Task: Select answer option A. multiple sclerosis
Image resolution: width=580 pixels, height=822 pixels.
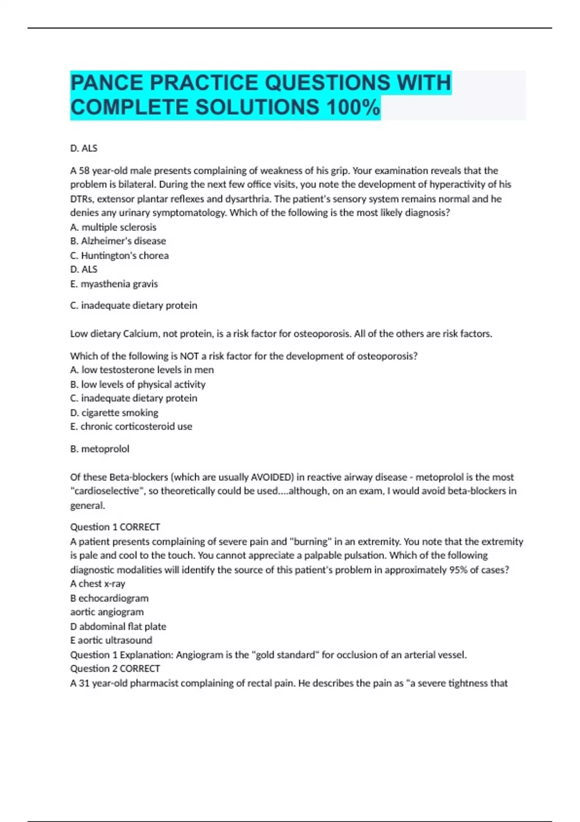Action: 113,227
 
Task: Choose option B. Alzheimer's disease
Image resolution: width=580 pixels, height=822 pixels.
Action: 118,241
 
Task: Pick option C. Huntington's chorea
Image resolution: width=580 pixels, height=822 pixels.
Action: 119,255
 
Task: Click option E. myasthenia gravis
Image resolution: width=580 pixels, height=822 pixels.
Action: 114,284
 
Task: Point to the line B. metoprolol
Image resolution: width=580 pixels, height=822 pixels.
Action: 100,449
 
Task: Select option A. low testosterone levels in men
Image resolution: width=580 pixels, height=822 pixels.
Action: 142,370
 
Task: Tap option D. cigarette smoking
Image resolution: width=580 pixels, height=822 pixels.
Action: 114,412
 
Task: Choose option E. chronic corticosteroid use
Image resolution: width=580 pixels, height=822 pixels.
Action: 131,426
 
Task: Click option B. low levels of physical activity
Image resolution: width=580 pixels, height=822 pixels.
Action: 138,384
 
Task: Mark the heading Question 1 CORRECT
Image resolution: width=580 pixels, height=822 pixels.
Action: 115,527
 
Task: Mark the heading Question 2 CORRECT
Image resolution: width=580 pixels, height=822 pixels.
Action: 115,669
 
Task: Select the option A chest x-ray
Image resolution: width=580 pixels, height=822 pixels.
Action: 98,584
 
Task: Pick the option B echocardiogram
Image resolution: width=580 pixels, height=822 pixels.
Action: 109,598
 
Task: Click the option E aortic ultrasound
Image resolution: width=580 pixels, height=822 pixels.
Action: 111,640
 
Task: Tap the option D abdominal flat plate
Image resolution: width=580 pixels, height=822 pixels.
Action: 118,626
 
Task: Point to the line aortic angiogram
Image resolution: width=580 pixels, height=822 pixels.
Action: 107,612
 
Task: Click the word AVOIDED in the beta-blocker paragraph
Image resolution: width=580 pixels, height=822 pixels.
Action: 272,477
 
